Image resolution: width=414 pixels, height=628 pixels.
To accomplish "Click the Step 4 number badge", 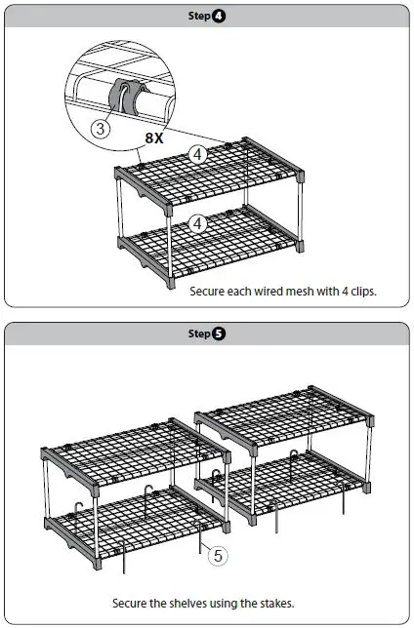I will [x=218, y=17].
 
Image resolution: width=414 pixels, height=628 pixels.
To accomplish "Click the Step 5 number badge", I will [x=218, y=334].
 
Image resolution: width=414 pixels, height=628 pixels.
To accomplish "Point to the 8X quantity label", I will [x=154, y=138].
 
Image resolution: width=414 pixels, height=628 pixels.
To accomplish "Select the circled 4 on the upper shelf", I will [x=198, y=154].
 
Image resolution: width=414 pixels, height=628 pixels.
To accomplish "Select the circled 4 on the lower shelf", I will [x=198, y=223].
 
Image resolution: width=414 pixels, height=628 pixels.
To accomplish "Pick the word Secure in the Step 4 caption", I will [x=210, y=290].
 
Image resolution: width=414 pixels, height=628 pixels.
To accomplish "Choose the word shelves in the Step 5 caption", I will [x=190, y=604].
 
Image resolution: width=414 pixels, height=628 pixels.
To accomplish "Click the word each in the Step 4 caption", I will [x=242, y=290].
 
